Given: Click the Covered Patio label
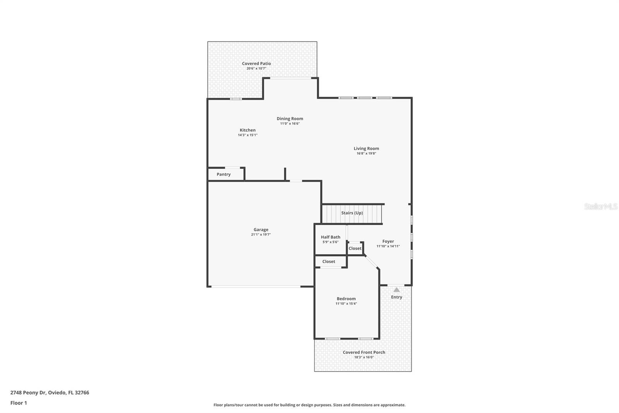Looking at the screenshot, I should click(x=256, y=64).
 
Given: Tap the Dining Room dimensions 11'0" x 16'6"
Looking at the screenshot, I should click(x=290, y=124).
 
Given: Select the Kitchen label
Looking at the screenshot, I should click(x=248, y=130).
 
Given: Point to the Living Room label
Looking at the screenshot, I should click(x=366, y=148).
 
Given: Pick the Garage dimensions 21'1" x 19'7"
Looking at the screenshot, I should click(x=261, y=234).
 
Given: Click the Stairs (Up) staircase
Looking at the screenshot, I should click(x=352, y=213).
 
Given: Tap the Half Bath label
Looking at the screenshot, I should click(x=330, y=237).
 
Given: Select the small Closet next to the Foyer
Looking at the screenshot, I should click(x=355, y=248).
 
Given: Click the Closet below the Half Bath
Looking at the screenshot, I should click(x=329, y=262).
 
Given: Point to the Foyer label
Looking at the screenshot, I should click(x=388, y=241).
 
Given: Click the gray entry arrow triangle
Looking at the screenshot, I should click(x=397, y=290).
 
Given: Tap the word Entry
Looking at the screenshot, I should click(x=397, y=297).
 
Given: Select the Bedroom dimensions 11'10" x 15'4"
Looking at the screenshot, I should click(x=346, y=304).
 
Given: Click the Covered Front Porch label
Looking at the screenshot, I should click(x=364, y=352).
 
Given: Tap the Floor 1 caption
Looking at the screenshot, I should click(x=19, y=403).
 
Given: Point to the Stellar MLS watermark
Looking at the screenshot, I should click(x=600, y=206).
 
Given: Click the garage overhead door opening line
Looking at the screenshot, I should click(x=255, y=286).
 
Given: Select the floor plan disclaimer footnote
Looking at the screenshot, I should click(x=309, y=405).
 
